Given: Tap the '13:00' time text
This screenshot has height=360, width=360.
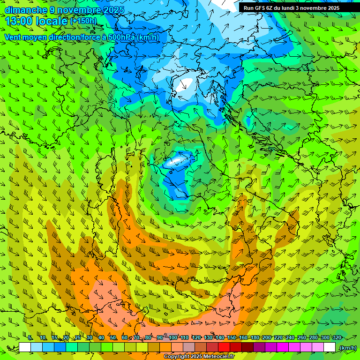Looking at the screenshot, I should point(19,21).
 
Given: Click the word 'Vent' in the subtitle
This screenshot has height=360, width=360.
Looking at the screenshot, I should point(13,37).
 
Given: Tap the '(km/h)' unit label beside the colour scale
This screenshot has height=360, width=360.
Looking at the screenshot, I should point(348,348).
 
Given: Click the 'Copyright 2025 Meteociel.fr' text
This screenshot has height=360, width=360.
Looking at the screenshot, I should point(199,357).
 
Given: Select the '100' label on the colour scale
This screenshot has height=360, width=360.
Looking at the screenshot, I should point(173,338).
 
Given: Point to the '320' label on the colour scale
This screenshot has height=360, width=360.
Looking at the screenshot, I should point(337,338).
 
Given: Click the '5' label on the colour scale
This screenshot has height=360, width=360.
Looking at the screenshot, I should point(30,338).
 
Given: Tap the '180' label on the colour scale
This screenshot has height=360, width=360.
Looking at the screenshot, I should point(255,338).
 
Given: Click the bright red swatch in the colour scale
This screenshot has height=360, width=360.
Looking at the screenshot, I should point(224,347).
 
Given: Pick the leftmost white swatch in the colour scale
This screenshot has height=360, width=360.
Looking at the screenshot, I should point(25,347).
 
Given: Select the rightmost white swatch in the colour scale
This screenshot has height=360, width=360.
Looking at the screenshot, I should point(330,347).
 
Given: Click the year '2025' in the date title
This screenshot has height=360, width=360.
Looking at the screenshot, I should point(114,10).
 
